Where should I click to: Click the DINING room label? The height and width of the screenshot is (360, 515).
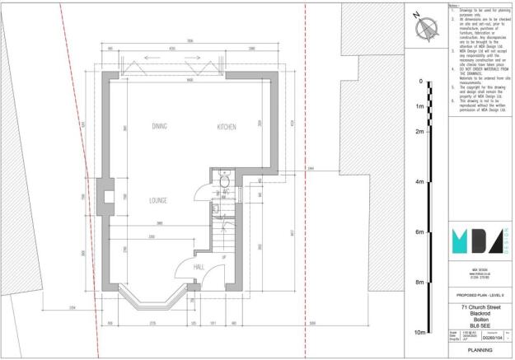click(x=160, y=127)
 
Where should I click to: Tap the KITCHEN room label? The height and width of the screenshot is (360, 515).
click(x=227, y=127)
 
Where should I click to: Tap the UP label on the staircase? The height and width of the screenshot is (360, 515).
click(x=223, y=258)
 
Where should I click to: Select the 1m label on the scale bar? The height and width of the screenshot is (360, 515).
click(x=419, y=107)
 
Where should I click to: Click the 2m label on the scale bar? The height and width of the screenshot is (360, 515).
click(x=419, y=132)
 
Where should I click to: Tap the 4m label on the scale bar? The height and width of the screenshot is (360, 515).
click(x=419, y=182)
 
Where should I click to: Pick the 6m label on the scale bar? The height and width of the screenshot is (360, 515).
click(x=419, y=232)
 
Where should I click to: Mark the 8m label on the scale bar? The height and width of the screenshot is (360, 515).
click(x=419, y=283)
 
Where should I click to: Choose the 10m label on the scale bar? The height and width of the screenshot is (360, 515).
click(x=419, y=332)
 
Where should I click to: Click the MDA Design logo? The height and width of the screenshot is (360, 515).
click(x=480, y=241)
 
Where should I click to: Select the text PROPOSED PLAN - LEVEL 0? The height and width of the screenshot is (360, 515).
click(x=481, y=294)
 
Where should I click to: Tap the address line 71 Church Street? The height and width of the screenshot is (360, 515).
click(x=481, y=307)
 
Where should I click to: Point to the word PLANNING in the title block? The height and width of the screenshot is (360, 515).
click(x=481, y=349)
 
